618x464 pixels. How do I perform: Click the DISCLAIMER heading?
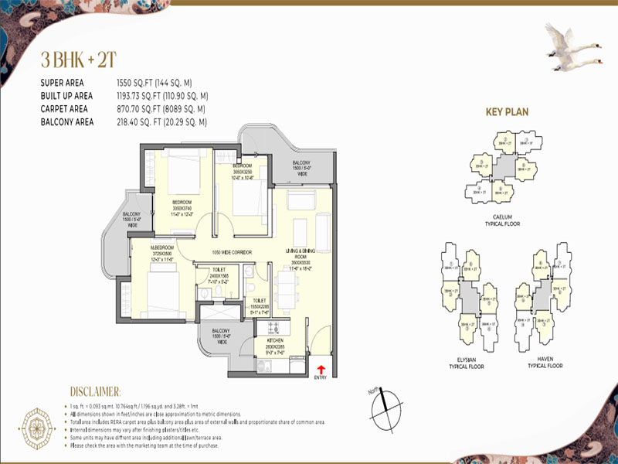[95, 392]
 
